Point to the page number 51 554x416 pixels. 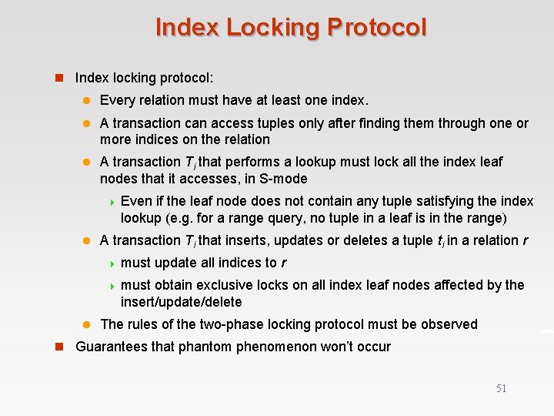[x=501, y=388]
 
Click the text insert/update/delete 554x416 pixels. [x=182, y=302]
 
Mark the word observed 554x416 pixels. [x=450, y=324]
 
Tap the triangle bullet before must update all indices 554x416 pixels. [x=112, y=263]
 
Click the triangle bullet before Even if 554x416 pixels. [x=112, y=202]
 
